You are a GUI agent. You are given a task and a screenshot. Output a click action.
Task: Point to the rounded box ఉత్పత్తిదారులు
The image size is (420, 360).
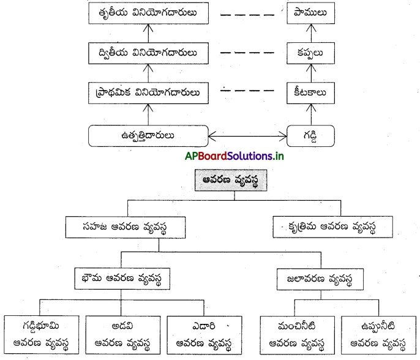tap(148, 135)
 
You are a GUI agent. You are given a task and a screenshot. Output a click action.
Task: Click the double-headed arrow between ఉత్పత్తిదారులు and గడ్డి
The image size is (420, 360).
tap(248, 135)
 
